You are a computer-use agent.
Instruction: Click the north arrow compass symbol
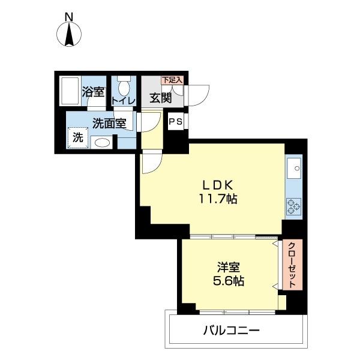(x=69, y=34)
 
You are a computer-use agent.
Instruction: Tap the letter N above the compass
(x=69, y=17)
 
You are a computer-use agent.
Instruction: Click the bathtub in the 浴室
(x=70, y=91)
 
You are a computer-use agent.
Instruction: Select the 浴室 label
(x=94, y=92)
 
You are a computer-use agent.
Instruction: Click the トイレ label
(x=123, y=101)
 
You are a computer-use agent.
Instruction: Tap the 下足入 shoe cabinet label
(x=172, y=80)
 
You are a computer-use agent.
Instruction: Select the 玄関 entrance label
(x=161, y=98)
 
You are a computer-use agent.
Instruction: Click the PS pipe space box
(x=176, y=121)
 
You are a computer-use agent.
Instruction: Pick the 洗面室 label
(x=110, y=123)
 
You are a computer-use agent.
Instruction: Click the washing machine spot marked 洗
(x=78, y=138)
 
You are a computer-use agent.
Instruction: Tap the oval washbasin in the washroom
(x=102, y=143)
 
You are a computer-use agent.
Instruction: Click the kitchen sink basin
(x=294, y=168)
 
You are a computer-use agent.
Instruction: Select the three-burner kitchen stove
(x=293, y=206)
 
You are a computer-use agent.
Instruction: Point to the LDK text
(x=218, y=185)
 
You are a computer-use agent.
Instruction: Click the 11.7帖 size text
(x=218, y=199)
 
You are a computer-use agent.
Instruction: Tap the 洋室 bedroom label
(x=229, y=267)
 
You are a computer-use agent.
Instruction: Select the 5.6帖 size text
(x=229, y=280)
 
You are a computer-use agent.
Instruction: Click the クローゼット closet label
(x=292, y=265)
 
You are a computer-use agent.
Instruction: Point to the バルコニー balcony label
(x=232, y=331)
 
